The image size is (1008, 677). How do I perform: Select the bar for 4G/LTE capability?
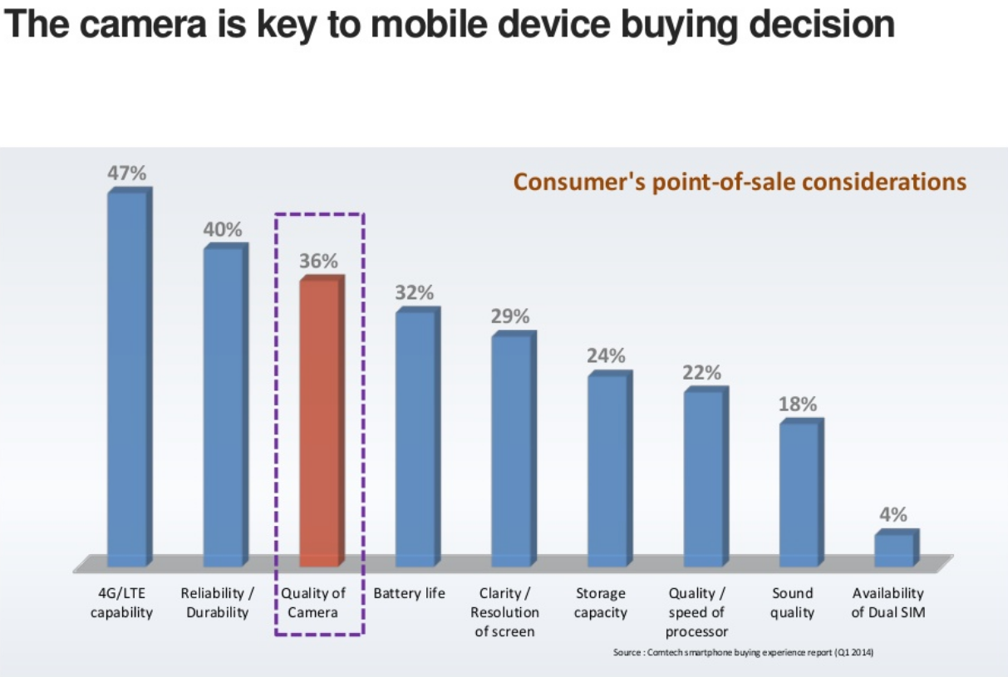(128, 378)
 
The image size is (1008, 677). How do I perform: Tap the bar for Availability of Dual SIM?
(895, 549)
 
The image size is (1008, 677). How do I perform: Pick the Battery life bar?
(415, 438)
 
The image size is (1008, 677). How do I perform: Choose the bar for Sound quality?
(799, 494)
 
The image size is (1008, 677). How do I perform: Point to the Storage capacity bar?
(607, 470)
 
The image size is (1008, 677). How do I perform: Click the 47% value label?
(127, 174)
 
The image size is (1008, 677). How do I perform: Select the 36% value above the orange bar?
(320, 261)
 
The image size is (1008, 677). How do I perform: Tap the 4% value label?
(893, 514)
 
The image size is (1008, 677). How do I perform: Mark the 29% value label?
(510, 316)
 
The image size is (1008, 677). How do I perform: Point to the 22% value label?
(702, 373)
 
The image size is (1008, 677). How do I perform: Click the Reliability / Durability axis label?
(217, 603)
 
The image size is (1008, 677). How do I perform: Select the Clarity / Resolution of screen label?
(504, 613)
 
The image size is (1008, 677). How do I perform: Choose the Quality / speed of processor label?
(697, 613)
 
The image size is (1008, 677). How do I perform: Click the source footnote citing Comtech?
(743, 652)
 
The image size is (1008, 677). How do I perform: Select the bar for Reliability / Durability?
(224, 406)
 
